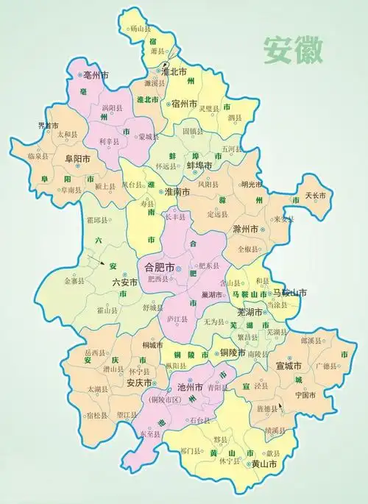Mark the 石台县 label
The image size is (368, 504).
[x=200, y=422]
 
